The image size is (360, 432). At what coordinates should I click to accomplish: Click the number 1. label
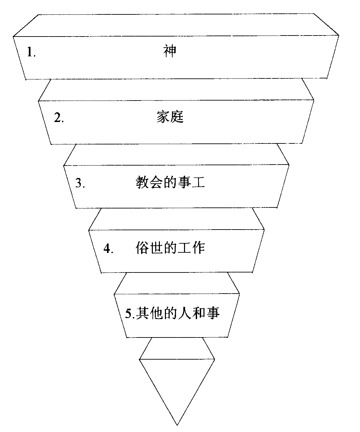pos(31,52)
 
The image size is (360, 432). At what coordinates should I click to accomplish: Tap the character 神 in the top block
pos(170,51)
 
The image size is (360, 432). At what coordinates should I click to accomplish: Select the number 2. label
pos(59,118)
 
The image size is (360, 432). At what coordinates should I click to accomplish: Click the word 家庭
pos(170,117)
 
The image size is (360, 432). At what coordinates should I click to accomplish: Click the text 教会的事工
pos(170,182)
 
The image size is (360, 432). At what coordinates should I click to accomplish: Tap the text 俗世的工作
pos(170,248)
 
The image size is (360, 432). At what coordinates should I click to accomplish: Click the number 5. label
pos(129,313)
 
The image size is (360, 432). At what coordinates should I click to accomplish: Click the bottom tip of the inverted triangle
pos(177,425)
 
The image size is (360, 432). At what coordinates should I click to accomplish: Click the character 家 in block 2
pos(163,117)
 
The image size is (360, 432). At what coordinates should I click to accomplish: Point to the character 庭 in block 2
pos(177,117)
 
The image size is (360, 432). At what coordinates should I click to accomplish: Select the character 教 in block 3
pos(142,182)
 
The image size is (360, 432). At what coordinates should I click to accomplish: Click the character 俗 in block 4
pos(142,248)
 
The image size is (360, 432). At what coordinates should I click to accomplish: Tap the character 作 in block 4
pos(198,248)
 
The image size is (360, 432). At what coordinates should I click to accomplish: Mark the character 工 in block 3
pos(198,182)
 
